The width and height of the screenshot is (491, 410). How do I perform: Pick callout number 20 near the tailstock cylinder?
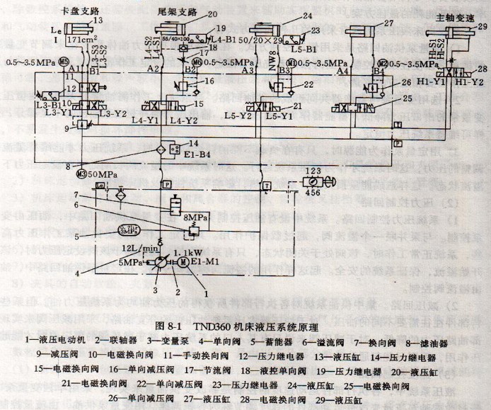(213, 14)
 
